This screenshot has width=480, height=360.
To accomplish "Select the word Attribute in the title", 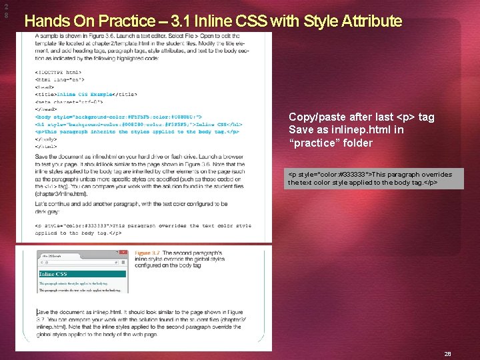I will point(371,21).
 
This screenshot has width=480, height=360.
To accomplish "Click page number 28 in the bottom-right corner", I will point(447,354).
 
